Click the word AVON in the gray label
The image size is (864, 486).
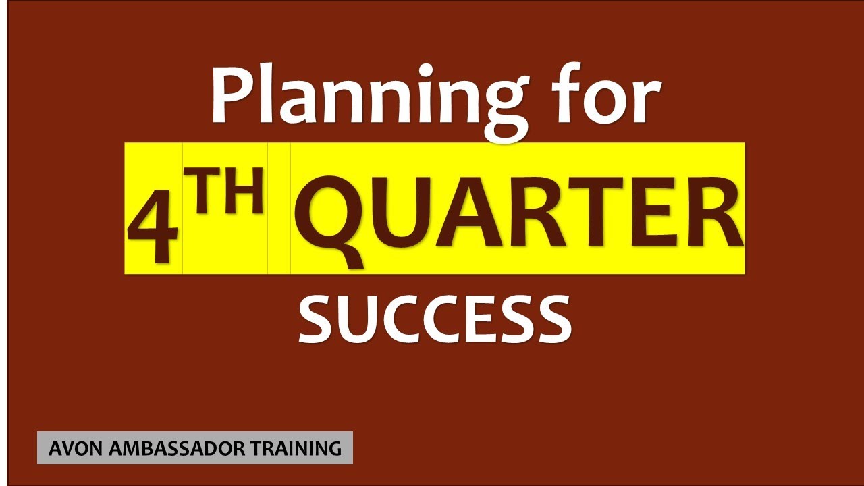coord(70,448)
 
